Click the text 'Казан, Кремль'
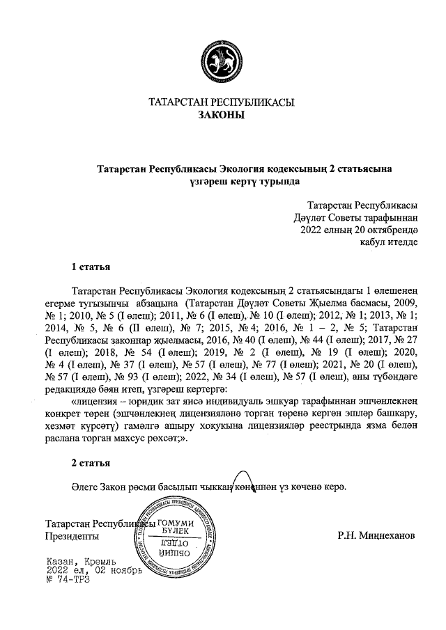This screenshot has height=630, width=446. coord(80,560)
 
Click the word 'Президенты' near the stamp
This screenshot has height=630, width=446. coord(71,537)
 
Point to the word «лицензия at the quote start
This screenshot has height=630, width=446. coord(94,401)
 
